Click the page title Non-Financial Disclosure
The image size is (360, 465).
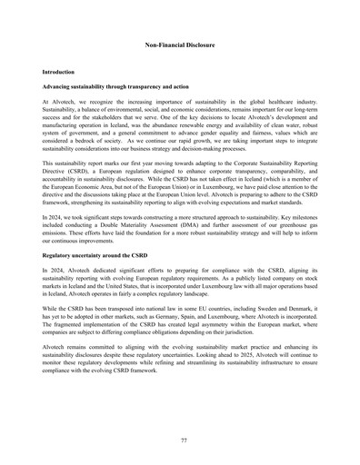[180, 43]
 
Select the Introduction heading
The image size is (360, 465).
[60, 71]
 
